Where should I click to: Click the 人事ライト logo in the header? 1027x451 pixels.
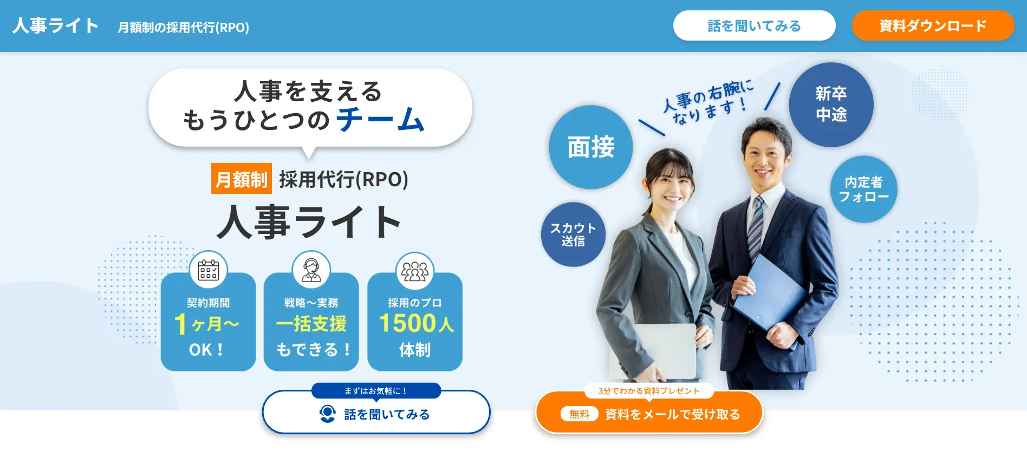point(55,26)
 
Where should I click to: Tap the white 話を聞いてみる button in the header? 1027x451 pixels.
point(754,25)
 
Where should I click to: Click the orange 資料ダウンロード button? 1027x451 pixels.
point(933,25)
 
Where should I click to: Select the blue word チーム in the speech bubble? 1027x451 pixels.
point(380,120)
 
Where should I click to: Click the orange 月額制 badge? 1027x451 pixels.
point(241,179)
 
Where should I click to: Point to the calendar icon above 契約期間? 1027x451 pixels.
point(208,270)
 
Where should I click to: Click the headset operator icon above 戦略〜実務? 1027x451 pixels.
point(311,269)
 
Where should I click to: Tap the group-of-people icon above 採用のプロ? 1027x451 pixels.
point(414,270)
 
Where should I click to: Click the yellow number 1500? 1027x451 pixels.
point(408,323)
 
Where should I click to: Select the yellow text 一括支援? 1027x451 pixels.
point(311,324)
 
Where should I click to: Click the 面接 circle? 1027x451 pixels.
point(590,147)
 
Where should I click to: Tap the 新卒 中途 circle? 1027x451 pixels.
point(831,104)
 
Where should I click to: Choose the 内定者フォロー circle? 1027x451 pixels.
point(863,189)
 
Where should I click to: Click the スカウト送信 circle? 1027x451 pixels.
point(573,234)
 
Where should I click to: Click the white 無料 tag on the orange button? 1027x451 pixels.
point(579,414)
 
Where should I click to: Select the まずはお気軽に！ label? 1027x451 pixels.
point(376,390)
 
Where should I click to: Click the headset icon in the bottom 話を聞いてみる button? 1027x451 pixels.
point(327,414)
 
